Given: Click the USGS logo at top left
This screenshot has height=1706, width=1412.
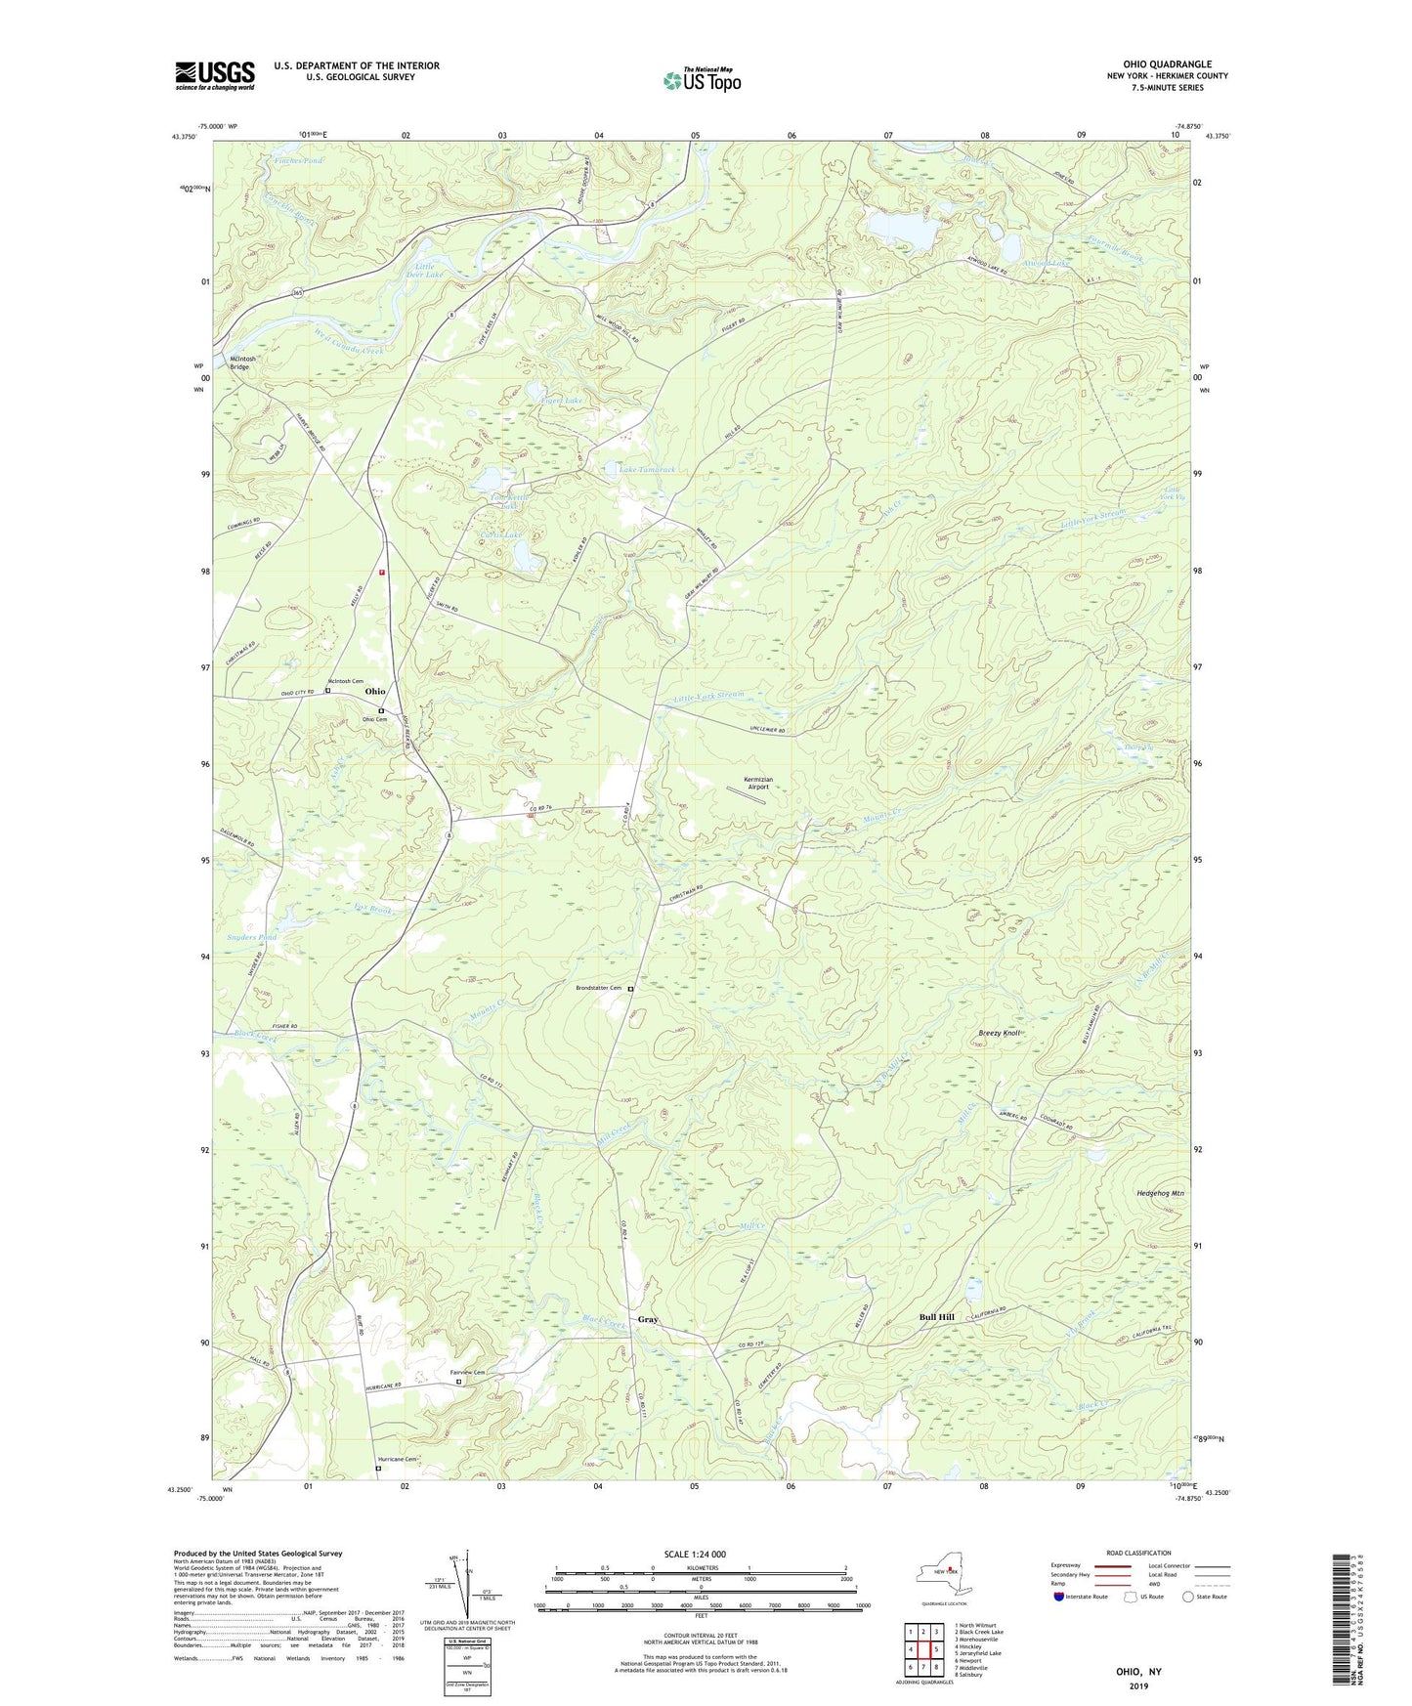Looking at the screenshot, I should [215, 75].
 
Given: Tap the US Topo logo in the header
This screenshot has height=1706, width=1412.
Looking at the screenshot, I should [701, 80].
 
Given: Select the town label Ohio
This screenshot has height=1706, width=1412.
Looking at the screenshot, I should [375, 692].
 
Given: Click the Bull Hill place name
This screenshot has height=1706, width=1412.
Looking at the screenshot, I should [936, 1317].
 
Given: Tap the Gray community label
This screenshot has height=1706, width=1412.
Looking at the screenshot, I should [648, 1319].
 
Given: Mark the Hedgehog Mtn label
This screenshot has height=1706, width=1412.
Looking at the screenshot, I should [1160, 1193].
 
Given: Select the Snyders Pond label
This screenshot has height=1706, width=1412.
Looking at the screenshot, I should [252, 937].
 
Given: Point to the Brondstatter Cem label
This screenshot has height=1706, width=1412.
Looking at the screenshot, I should [597, 988].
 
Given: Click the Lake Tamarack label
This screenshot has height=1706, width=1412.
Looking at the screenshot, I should [647, 470].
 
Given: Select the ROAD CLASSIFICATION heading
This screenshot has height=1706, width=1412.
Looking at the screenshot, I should [1138, 1553].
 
